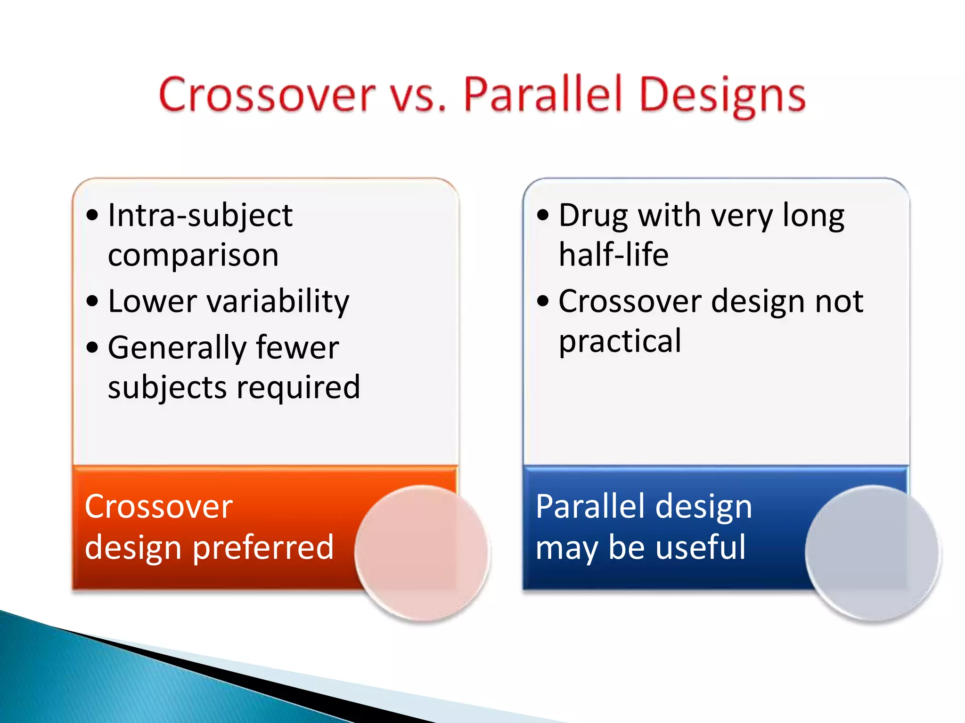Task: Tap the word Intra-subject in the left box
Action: (200, 216)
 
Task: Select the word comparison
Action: (193, 256)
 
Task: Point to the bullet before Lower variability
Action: (92, 301)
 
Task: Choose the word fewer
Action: (297, 348)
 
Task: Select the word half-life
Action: (613, 255)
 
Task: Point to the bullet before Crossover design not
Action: (543, 301)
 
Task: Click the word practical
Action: (620, 341)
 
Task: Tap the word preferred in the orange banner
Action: (263, 548)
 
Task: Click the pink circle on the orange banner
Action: (422, 553)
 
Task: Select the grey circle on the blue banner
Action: (872, 553)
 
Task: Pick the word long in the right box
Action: (813, 216)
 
